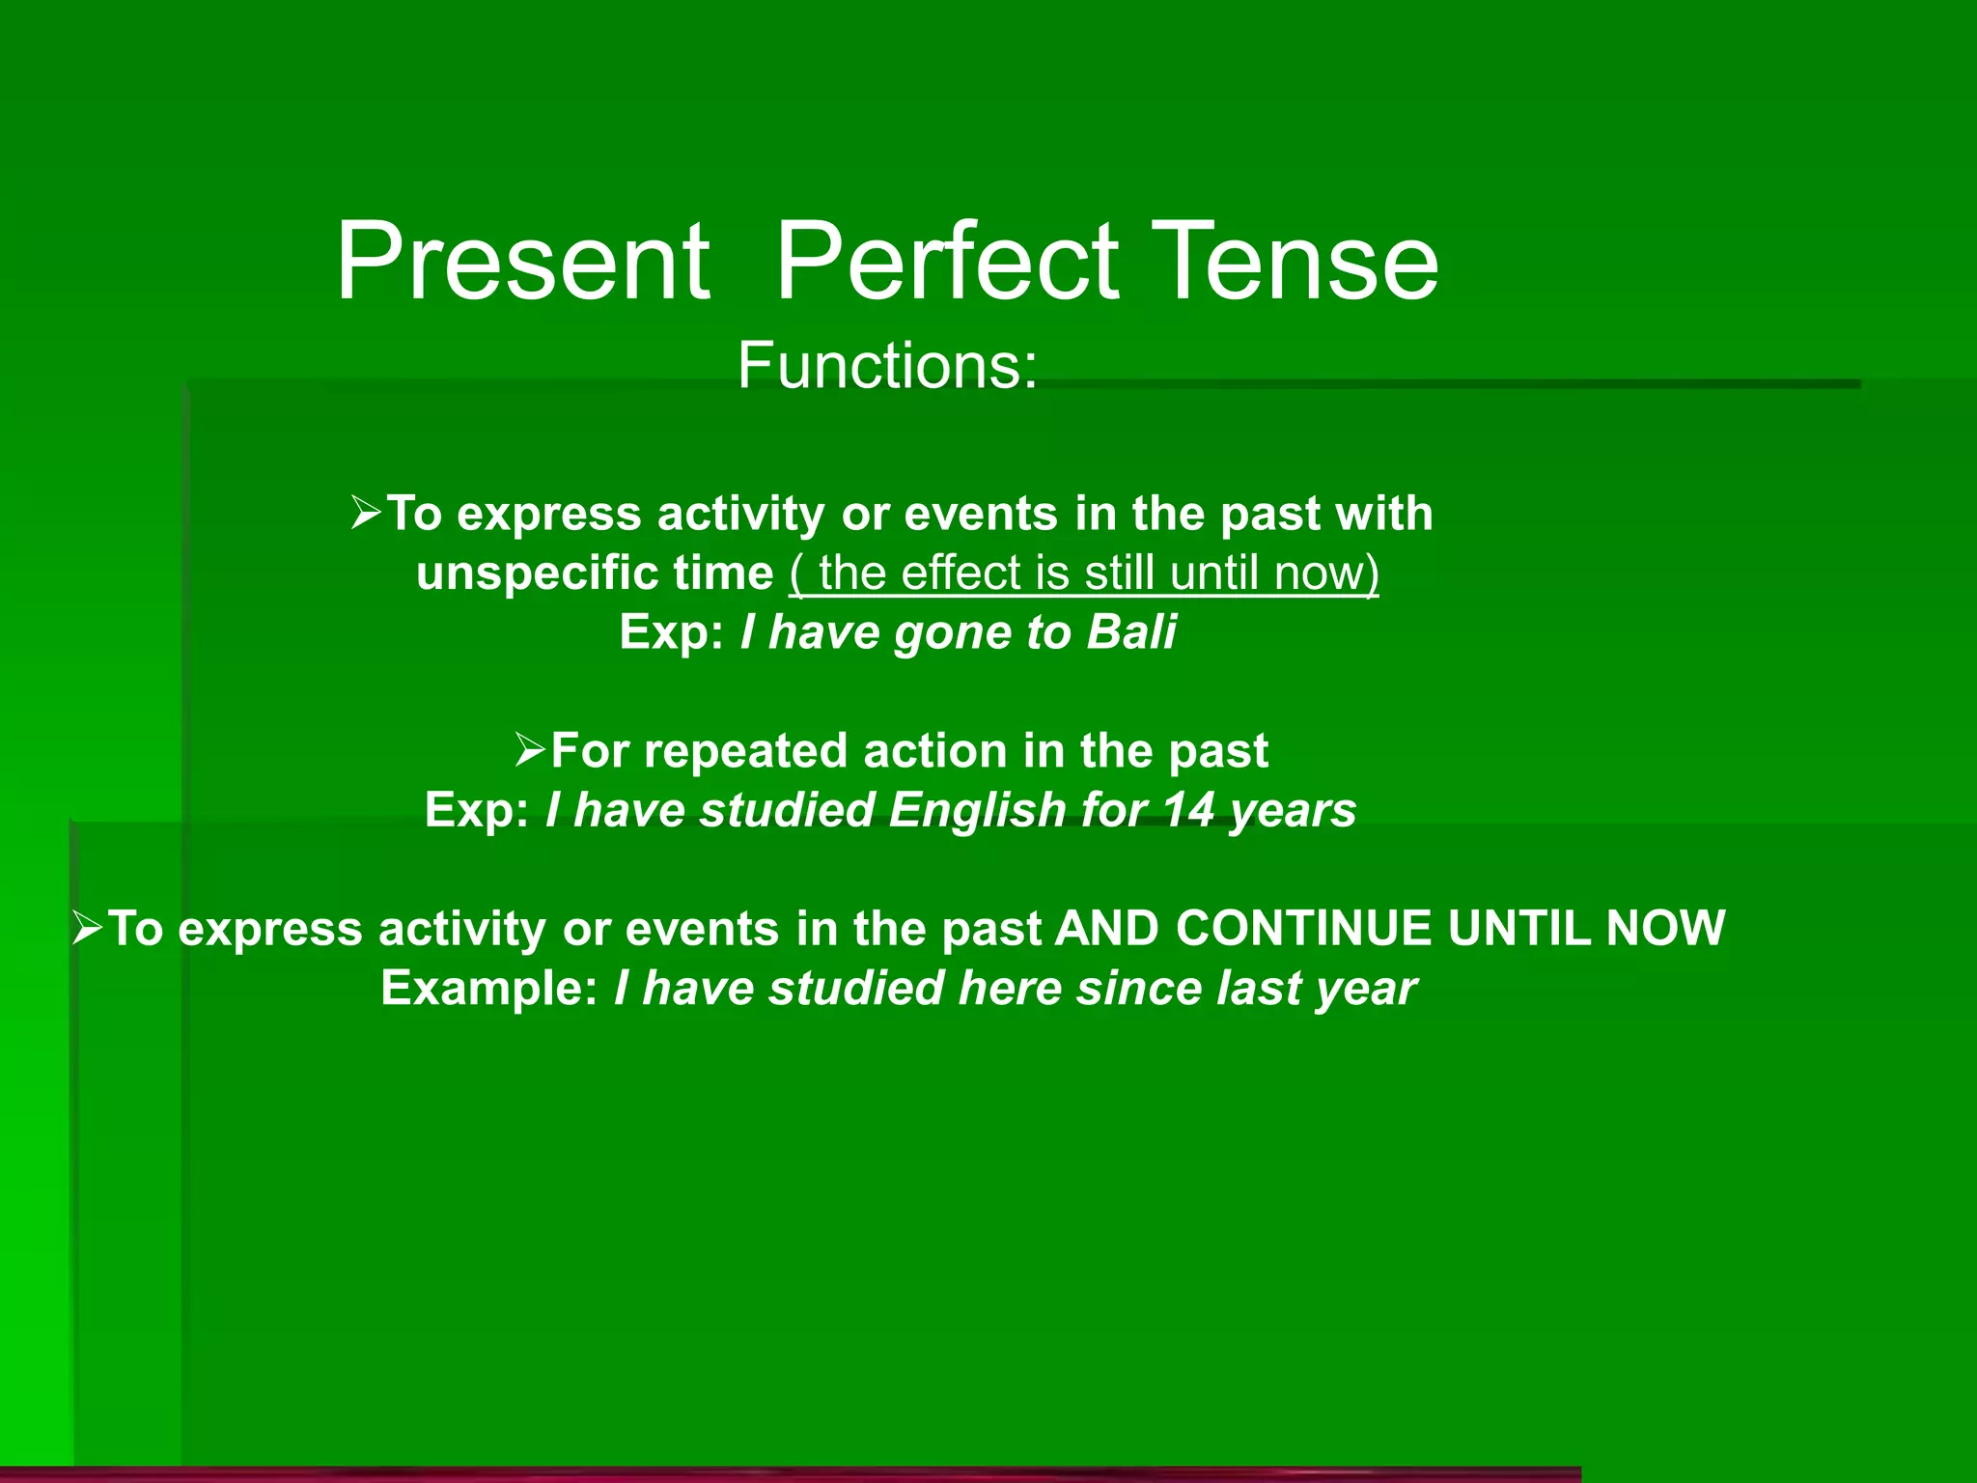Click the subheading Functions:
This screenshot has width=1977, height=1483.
(887, 366)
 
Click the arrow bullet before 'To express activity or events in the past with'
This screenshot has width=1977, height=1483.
(367, 512)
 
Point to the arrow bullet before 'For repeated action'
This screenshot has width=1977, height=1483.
(531, 749)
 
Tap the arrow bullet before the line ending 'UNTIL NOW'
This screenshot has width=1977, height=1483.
(88, 928)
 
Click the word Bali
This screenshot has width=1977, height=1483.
(1131, 632)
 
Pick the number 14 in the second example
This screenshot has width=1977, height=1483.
(1187, 809)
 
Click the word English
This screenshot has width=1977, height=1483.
(977, 811)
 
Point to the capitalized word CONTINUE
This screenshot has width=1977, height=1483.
(1303, 928)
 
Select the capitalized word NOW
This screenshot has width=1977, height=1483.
(1665, 928)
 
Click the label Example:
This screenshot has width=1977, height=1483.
(489, 989)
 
